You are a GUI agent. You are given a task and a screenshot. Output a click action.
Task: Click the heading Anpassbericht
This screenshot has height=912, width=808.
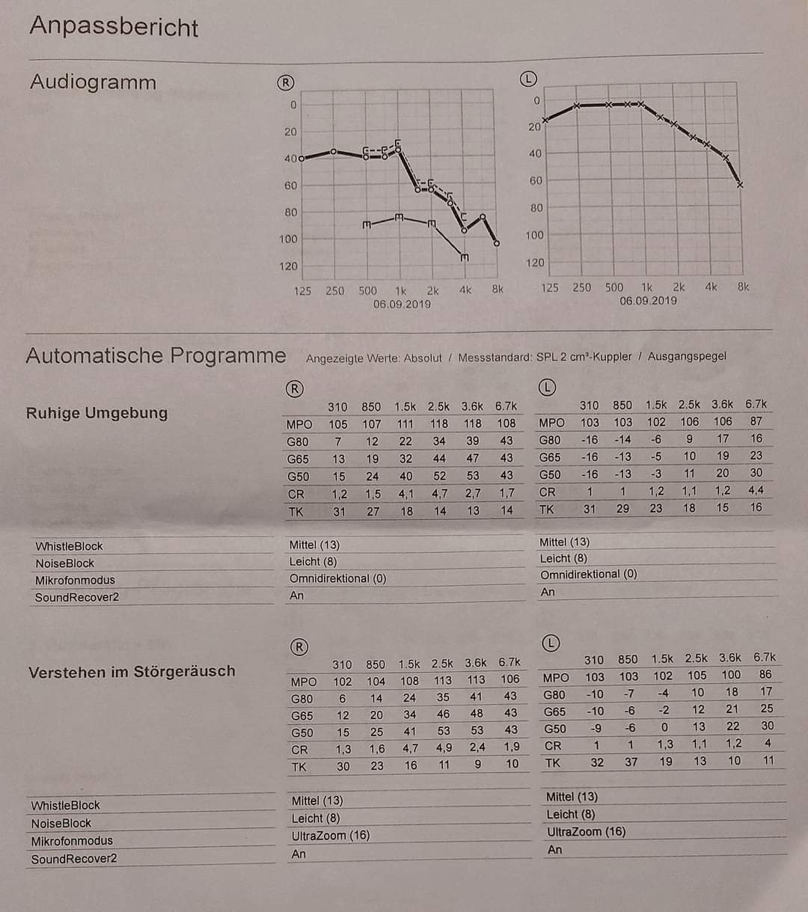point(114,26)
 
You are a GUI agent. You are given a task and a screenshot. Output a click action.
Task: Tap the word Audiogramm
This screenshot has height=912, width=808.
point(93,82)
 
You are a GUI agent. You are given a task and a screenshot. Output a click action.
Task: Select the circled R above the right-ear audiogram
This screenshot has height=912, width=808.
point(285,82)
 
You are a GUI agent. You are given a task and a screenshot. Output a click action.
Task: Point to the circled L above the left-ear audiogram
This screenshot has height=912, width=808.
point(528,79)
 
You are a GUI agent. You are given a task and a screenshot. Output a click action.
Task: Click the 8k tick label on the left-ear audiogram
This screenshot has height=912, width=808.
point(743,287)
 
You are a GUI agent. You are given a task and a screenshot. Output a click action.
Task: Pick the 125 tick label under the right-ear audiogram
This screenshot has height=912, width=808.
point(302,290)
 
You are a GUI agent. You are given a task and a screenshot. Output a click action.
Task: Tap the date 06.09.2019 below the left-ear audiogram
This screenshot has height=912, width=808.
point(648,301)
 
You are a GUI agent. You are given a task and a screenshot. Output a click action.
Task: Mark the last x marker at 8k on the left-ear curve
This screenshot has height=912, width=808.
point(740,185)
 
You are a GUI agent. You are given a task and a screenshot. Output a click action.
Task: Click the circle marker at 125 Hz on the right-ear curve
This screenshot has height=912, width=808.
point(302,159)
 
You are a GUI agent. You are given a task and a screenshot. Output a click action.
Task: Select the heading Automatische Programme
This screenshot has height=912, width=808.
point(156,355)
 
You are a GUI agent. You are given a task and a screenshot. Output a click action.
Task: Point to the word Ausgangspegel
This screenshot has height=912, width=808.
point(686,356)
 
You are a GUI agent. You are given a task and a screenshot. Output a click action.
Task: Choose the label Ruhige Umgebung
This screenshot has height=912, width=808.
point(97,413)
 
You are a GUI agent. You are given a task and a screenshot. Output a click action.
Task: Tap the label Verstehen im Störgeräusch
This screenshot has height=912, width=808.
point(132,672)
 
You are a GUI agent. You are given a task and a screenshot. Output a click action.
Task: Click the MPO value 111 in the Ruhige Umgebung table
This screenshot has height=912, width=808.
point(405,423)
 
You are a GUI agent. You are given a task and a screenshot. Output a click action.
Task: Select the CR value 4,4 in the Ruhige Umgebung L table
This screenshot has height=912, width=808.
point(756,491)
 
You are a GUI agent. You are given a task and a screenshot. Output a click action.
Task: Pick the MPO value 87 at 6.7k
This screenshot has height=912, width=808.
point(756,421)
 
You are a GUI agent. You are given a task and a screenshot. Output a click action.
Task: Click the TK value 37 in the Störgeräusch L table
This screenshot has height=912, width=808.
point(631,762)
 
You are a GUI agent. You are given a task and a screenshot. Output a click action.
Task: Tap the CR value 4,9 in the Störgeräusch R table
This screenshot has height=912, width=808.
point(443,747)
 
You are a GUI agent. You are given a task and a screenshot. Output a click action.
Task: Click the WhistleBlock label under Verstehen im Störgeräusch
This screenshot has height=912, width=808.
point(66,805)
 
